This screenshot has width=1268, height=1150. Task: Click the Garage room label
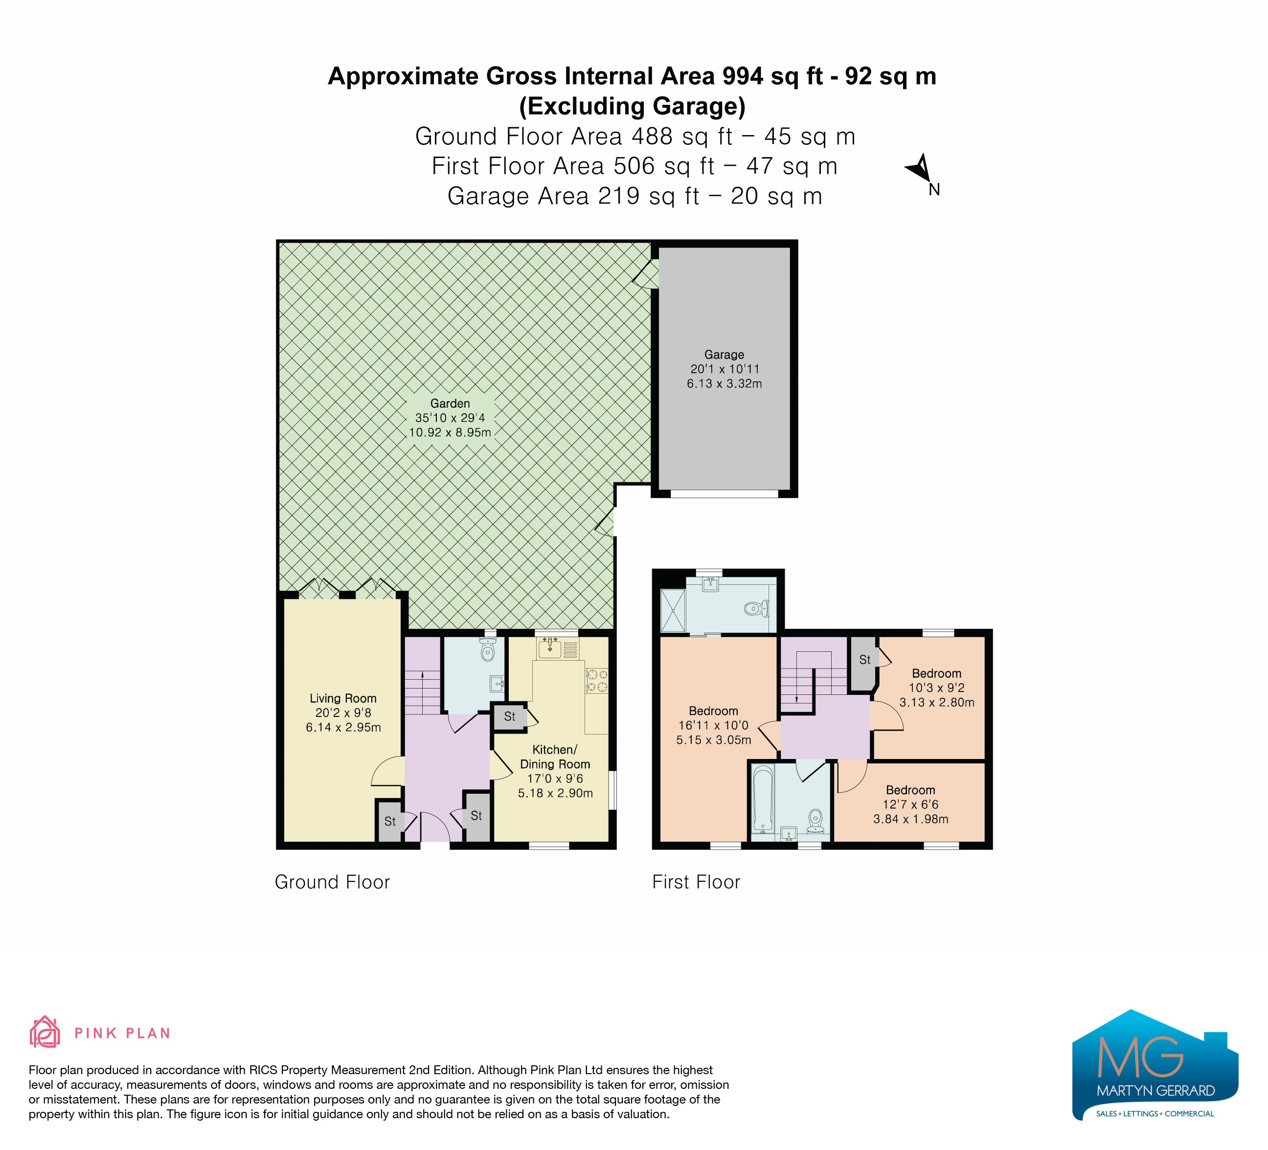724,355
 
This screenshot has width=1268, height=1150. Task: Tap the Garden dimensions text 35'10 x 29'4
450,418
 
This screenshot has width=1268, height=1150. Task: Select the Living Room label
343,698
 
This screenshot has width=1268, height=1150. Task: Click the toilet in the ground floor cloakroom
487,650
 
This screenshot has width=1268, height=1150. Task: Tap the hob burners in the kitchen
596,681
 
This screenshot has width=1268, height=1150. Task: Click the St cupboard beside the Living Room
390,822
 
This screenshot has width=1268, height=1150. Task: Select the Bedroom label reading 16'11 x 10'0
713,725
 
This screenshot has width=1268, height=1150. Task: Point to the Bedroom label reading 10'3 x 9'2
936,688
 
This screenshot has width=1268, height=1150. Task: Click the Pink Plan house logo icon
45,1033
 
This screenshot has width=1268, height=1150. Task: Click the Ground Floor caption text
332,882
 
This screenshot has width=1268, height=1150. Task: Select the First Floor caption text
696,882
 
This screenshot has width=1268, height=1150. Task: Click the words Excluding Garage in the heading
632,106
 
